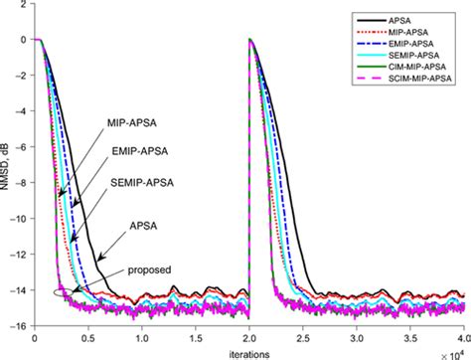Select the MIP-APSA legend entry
tap(422, 32)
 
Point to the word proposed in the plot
tap(150, 270)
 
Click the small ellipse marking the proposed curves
tap(66, 290)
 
